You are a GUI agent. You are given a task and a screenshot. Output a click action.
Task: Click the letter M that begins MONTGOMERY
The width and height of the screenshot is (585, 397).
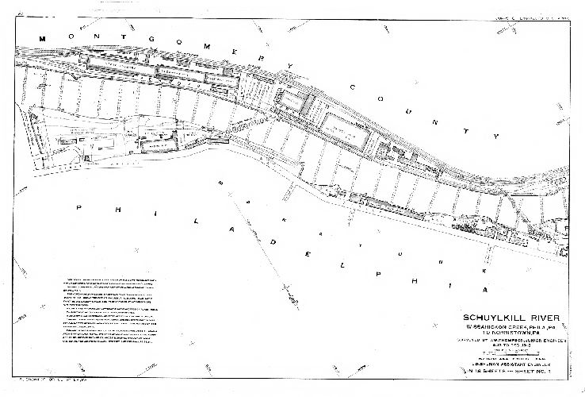(x=44, y=38)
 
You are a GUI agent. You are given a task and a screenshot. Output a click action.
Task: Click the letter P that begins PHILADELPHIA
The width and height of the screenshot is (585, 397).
(x=78, y=206)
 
